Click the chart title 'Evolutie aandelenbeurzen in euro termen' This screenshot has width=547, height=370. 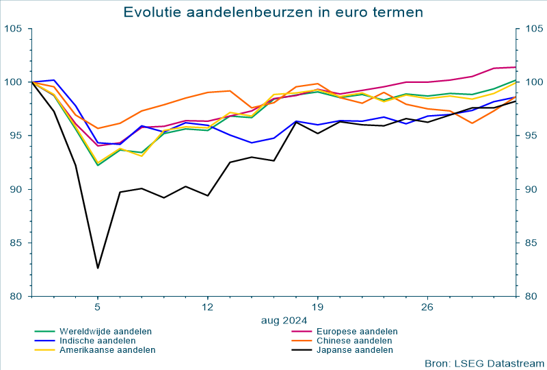[273, 12]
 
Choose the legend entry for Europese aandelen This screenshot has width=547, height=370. [357, 331]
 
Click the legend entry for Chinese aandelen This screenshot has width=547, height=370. [354, 341]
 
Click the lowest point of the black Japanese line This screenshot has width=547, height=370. [98, 268]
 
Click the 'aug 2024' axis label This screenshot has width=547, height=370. [284, 319]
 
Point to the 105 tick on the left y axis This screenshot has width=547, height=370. [13, 28]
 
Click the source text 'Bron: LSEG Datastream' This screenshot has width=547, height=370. [484, 362]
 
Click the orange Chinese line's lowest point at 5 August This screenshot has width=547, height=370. [98, 128]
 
